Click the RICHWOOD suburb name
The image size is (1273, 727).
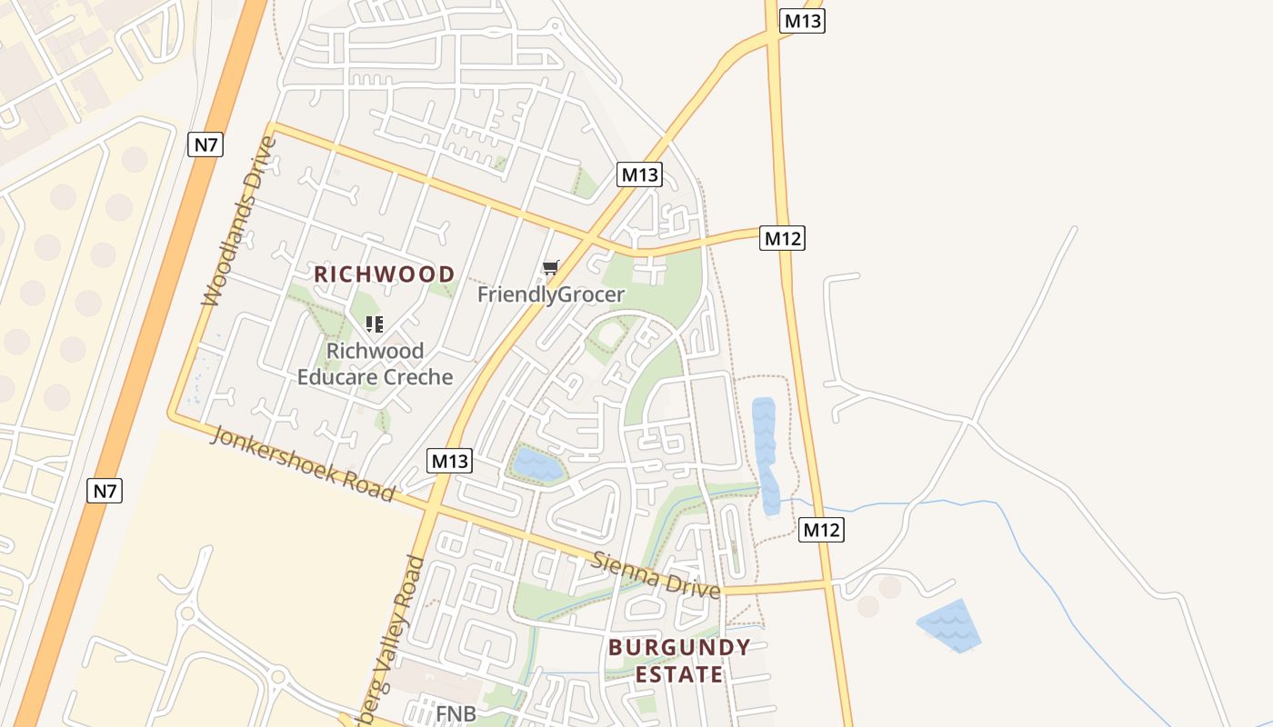pyautogui.click(x=385, y=274)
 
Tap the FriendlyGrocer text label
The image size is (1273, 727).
pyautogui.click(x=551, y=294)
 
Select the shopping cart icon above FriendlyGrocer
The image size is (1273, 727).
pyautogui.click(x=550, y=267)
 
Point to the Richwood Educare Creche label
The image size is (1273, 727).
pyautogui.click(x=375, y=363)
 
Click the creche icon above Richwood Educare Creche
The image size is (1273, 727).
pyautogui.click(x=375, y=324)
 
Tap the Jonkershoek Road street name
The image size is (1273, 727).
pyautogui.click(x=303, y=463)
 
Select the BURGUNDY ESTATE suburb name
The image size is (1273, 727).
pyautogui.click(x=679, y=661)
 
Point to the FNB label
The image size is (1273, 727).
pyautogui.click(x=456, y=713)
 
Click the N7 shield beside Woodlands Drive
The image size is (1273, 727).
pyautogui.click(x=205, y=144)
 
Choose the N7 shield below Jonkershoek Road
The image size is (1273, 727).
pyautogui.click(x=105, y=492)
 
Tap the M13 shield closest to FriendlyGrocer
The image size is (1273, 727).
pyautogui.click(x=639, y=174)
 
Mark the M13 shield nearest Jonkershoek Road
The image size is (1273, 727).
pyautogui.click(x=449, y=461)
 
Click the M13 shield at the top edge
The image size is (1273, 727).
pyautogui.click(x=802, y=21)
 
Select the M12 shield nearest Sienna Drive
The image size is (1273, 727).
pyautogui.click(x=822, y=530)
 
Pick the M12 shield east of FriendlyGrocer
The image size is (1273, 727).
pyautogui.click(x=783, y=238)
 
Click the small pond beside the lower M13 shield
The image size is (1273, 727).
pyautogui.click(x=537, y=464)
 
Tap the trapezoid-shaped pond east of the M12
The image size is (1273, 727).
pyautogui.click(x=950, y=624)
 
